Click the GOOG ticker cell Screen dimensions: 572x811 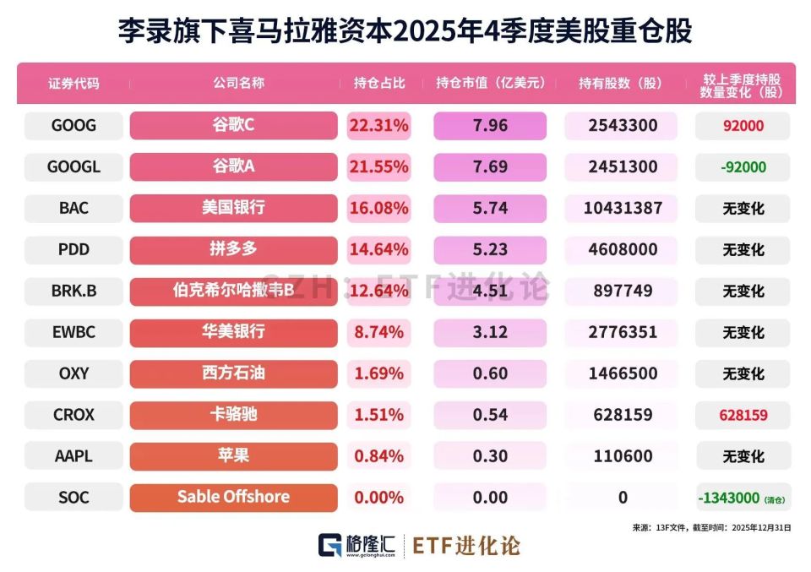click(73, 126)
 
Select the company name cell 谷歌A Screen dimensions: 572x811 click(233, 166)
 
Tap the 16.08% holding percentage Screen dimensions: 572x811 click(378, 208)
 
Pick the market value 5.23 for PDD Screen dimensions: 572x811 click(490, 249)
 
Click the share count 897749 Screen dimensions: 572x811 click(622, 291)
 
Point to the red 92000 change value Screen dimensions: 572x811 click(743, 126)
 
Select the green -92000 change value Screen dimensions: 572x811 click(743, 167)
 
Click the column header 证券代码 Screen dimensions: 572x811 click(73, 83)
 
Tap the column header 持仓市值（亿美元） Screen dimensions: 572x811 click(490, 83)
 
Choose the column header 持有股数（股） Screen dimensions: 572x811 click(622, 83)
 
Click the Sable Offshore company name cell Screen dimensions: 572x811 click(233, 497)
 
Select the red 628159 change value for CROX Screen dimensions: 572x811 click(743, 415)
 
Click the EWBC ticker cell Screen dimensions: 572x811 click(73, 332)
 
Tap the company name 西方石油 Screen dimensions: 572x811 click(233, 373)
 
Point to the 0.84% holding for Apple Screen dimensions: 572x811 click(378, 456)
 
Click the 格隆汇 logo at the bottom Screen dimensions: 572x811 click(357, 545)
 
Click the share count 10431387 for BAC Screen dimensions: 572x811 click(622, 208)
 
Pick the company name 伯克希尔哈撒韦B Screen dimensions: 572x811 click(233, 290)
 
